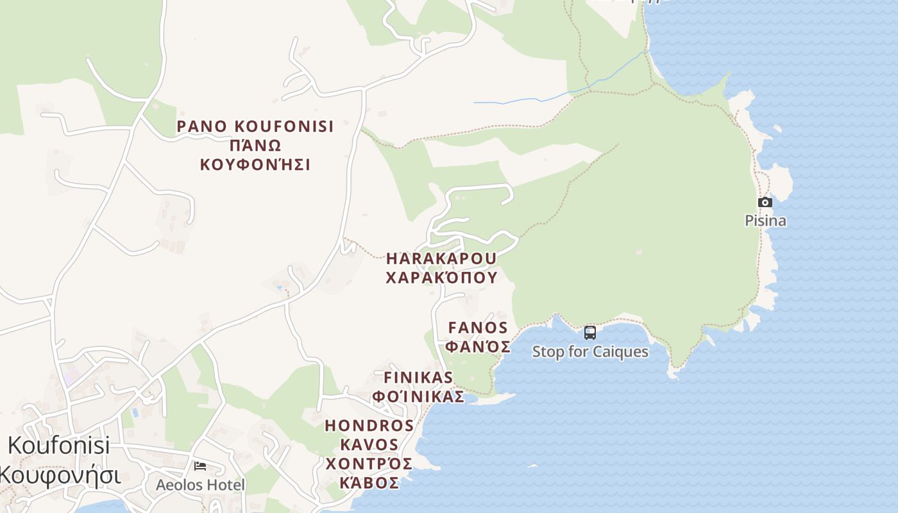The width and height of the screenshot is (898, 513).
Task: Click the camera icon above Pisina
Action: click(x=765, y=203)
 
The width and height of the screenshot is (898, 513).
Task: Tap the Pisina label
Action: click(x=765, y=221)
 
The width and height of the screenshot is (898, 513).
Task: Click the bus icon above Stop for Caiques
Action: click(x=590, y=333)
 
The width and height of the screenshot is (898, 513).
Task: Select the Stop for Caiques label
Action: click(x=590, y=352)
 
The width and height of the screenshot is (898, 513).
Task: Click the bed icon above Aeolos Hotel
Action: click(x=200, y=466)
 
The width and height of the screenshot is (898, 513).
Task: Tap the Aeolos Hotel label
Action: click(x=200, y=485)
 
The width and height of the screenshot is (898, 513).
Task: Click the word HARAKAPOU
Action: click(x=441, y=258)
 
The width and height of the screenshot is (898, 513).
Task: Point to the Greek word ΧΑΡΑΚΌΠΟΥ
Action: click(x=441, y=277)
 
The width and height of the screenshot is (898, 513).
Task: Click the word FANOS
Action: click(x=478, y=328)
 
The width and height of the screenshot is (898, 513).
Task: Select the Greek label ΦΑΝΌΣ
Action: click(x=478, y=347)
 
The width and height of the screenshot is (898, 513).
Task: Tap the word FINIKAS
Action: click(x=418, y=377)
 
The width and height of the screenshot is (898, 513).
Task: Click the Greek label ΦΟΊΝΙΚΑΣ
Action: click(x=418, y=396)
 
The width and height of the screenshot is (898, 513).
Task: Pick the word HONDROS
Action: click(x=369, y=426)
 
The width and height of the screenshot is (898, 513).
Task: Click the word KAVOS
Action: click(x=369, y=444)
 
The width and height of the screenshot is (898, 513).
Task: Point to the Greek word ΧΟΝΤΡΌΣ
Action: click(x=369, y=464)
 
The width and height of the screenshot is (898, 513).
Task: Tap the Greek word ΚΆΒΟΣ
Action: click(x=369, y=483)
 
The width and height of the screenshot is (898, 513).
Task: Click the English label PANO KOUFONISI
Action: click(x=255, y=126)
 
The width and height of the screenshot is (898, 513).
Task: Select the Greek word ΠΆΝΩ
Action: click(x=255, y=146)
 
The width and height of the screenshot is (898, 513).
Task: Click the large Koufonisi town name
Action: click(x=59, y=446)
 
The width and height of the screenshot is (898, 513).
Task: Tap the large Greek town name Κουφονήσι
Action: click(x=59, y=475)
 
